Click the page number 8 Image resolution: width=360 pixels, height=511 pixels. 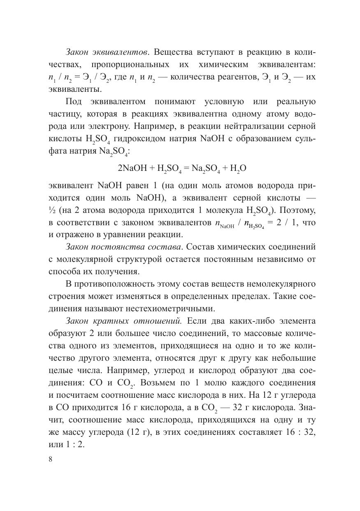51,460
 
